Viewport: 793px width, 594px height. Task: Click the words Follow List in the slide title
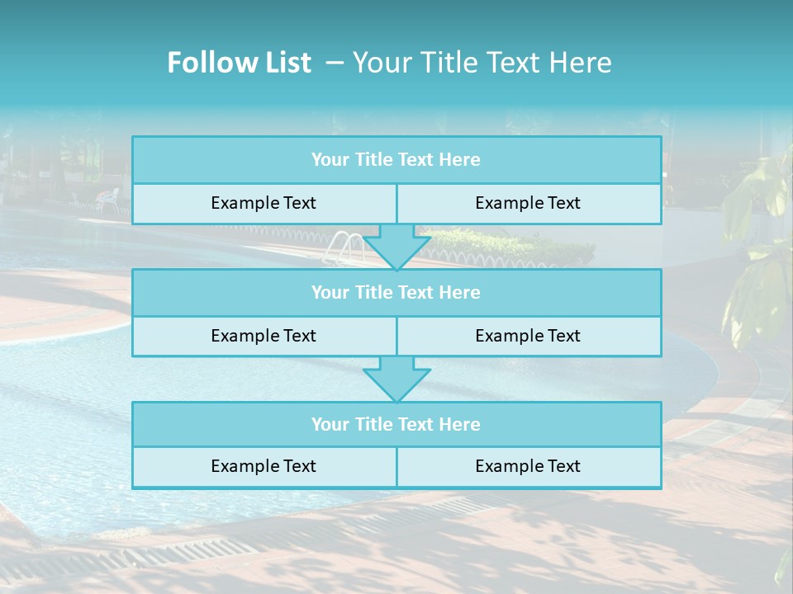(x=239, y=63)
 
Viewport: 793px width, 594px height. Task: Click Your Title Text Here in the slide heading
(x=482, y=63)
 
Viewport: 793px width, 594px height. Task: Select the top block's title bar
(x=396, y=160)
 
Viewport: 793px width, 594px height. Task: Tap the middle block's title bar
(x=396, y=293)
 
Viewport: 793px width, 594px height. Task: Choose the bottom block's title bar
(x=396, y=425)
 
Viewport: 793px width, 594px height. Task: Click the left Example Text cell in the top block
(x=264, y=204)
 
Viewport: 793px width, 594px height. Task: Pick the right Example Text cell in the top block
(x=529, y=204)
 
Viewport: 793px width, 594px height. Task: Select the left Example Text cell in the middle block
(x=264, y=337)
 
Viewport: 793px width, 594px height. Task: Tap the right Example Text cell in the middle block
(x=529, y=337)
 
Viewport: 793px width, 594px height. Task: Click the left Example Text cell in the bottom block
(x=264, y=467)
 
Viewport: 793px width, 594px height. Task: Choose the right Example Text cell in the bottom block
(x=529, y=467)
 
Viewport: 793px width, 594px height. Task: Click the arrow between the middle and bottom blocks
(x=396, y=379)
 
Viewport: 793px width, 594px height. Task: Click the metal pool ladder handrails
(x=345, y=247)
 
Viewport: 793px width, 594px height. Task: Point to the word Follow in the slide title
(x=207, y=63)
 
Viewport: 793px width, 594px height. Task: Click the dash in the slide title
(x=335, y=63)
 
